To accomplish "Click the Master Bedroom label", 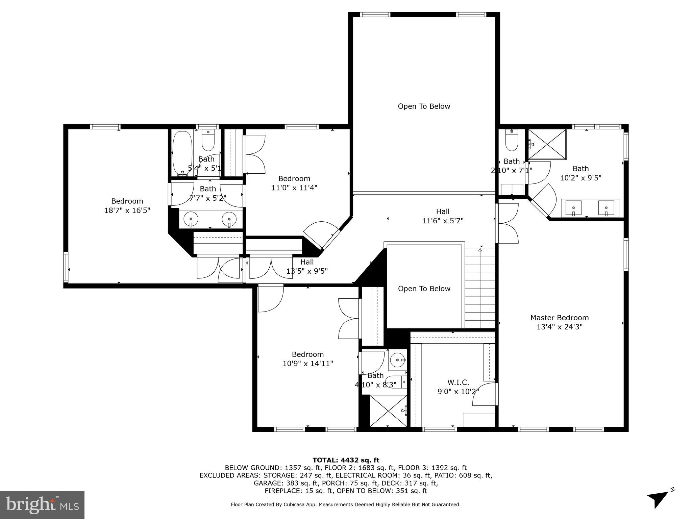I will coord(559,318).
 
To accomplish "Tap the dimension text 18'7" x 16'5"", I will coord(127,210).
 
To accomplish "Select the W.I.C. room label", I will coord(458,382).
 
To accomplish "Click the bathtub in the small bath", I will coord(182,153).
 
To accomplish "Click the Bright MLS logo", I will coord(42,505).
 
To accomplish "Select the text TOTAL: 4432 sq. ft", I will coord(346,460).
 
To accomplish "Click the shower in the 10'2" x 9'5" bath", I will coord(547,144).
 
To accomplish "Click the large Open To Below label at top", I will coord(424,106).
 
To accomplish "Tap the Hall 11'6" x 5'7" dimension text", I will coord(443,221).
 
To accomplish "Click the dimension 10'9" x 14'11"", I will coord(308,364).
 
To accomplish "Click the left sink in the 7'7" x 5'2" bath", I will coord(191,219).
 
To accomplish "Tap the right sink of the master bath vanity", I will coord(606,208).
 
